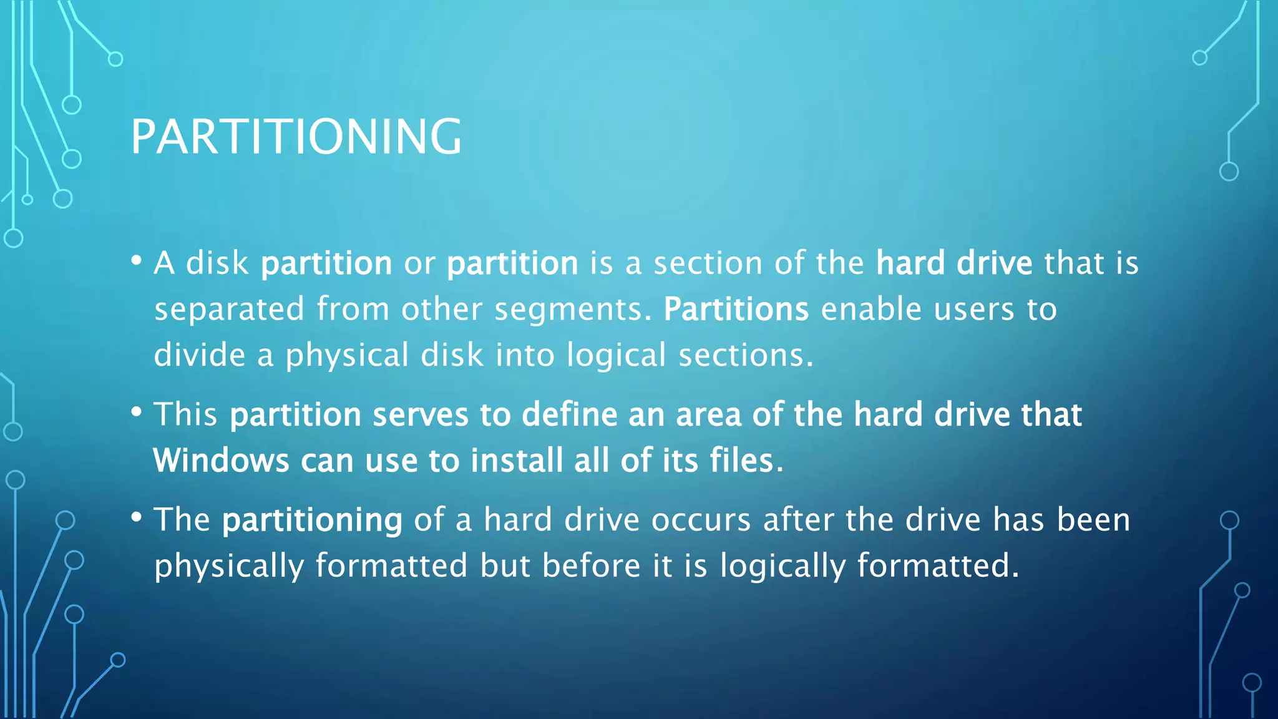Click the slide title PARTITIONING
296,137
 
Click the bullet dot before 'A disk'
137,260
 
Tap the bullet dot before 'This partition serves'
137,412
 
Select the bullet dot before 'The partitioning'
137,517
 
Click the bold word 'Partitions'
736,309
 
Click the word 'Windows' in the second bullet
221,461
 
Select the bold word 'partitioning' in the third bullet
312,521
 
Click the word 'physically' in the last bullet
229,567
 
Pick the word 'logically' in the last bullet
783,567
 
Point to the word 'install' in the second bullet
517,461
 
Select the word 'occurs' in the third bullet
701,520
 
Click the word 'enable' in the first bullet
871,309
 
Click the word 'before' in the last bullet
591,565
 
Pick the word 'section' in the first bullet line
708,263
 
